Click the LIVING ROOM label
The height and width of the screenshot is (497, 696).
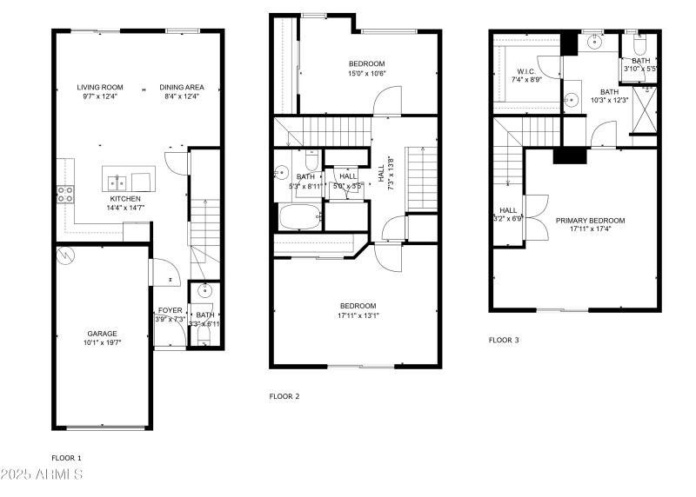click(x=99, y=87)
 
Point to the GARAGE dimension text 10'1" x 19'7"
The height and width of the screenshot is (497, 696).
click(x=102, y=343)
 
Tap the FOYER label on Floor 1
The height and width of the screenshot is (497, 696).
click(x=170, y=310)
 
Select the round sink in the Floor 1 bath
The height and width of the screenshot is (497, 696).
click(x=205, y=290)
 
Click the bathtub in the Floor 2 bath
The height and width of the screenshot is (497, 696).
click(x=299, y=216)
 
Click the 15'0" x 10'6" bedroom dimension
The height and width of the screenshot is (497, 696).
click(x=366, y=74)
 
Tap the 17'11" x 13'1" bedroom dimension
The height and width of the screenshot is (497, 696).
click(x=358, y=315)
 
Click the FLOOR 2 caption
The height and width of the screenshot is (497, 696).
click(x=284, y=396)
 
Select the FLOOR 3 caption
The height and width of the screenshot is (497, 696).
click(x=504, y=340)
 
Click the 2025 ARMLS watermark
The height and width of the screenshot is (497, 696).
click(x=42, y=474)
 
